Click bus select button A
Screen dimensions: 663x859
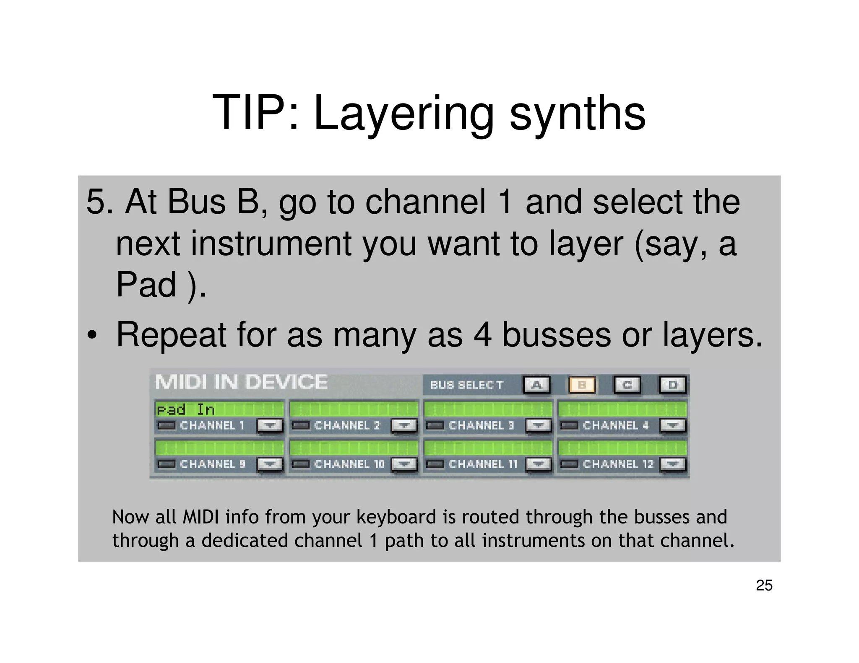click(x=536, y=385)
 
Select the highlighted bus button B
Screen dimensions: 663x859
click(x=582, y=385)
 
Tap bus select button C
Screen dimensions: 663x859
click(x=627, y=385)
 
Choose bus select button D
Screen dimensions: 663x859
click(x=672, y=385)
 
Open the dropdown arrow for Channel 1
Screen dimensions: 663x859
click(x=269, y=425)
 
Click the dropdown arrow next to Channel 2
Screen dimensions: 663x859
click(x=404, y=425)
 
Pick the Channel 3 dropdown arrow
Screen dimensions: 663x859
click(x=539, y=425)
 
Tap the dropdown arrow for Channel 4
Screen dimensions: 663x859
click(x=673, y=425)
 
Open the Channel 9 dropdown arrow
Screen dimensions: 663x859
click(x=269, y=464)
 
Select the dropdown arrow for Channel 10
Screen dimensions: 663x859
click(x=404, y=464)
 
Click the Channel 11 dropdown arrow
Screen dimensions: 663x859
click(x=539, y=464)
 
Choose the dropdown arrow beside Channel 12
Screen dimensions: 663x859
click(x=673, y=464)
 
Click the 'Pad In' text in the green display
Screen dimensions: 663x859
click(x=185, y=409)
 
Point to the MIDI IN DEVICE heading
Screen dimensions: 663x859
click(x=241, y=382)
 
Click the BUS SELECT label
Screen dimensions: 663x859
click(x=466, y=385)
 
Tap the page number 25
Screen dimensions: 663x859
click(x=764, y=585)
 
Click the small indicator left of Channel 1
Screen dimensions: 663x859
click(x=167, y=426)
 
